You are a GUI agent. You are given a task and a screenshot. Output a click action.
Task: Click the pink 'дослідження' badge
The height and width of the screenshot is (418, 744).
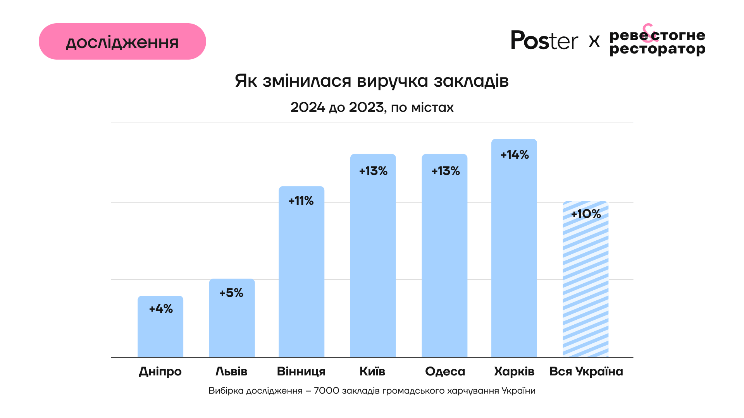point(122,41)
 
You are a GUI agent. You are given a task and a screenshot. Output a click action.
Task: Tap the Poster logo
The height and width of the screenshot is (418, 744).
point(544,40)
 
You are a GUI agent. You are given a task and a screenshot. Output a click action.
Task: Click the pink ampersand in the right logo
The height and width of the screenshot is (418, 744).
point(650,33)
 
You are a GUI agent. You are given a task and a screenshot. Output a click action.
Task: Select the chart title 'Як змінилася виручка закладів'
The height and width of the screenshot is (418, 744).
point(372,81)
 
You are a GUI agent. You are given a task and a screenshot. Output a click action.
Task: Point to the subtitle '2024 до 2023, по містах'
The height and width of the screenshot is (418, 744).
point(372,107)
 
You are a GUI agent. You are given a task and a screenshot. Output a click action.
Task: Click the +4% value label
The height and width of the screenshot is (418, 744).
point(161,308)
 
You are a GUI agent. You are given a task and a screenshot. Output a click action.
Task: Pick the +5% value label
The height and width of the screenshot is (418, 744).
point(231,293)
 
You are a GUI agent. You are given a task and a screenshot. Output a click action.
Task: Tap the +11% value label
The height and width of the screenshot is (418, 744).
point(301,200)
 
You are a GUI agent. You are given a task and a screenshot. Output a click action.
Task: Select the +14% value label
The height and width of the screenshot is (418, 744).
point(515,155)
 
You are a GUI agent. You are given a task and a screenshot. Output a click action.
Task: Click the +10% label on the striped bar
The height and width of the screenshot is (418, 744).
point(586,214)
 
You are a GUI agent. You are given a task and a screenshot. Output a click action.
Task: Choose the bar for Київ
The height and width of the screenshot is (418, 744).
point(373,263)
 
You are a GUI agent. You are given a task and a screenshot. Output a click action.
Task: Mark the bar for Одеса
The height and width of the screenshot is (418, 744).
point(444,263)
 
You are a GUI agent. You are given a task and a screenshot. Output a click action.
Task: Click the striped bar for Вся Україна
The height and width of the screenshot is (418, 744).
point(586,286)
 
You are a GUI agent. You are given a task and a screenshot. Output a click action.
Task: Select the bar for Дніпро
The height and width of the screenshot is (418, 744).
point(160,333)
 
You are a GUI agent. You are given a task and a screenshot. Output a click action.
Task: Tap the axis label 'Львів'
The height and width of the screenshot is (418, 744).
point(231,371)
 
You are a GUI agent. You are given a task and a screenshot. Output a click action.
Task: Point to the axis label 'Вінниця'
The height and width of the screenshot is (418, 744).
point(301,371)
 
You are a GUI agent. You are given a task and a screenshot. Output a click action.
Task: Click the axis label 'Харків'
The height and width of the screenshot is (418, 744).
point(514,371)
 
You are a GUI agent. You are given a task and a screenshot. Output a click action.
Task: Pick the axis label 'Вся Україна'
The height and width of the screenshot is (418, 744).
point(586,371)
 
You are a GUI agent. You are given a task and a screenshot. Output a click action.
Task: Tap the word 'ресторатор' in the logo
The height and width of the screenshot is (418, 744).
point(657,50)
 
